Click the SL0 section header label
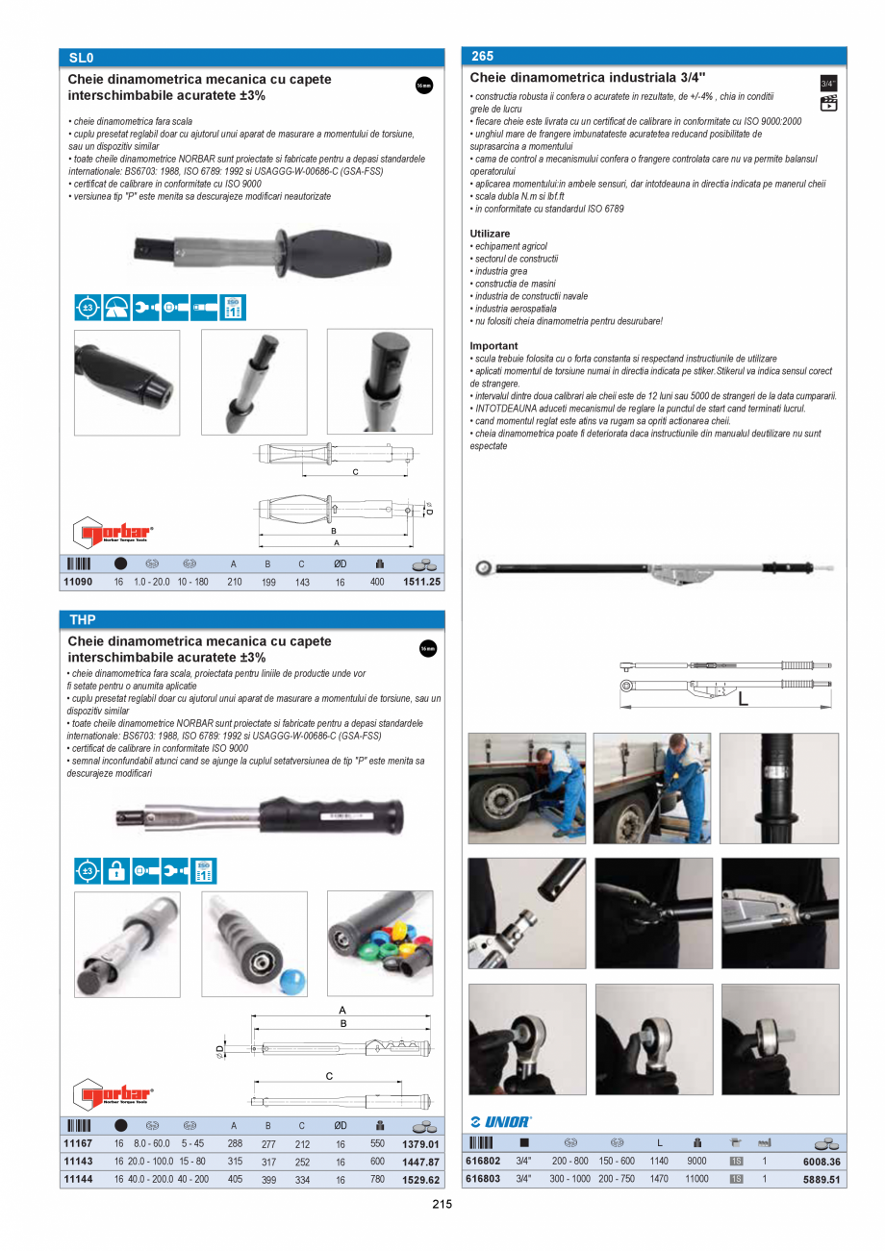(81, 58)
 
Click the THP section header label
(83, 619)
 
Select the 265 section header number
(482, 57)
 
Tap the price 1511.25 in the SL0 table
(421, 583)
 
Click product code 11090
(77, 583)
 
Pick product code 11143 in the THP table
(77, 1162)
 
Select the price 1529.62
(421, 1180)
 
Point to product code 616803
(482, 1179)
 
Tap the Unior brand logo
(500, 1122)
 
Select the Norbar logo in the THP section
(114, 1093)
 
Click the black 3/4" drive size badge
(827, 84)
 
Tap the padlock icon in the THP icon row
(116, 871)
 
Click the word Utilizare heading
(490, 234)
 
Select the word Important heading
(493, 345)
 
